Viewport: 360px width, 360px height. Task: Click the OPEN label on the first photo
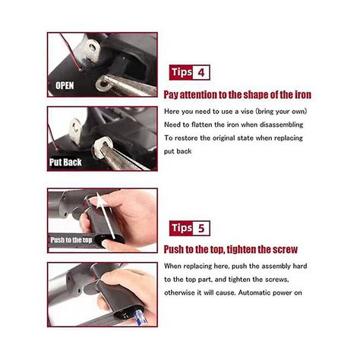click(65, 85)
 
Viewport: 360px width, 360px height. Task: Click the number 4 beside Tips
click(201, 74)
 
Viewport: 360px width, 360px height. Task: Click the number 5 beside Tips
click(201, 229)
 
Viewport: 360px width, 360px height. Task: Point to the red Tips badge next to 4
click(182, 74)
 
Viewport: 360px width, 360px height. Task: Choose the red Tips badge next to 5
click(182, 229)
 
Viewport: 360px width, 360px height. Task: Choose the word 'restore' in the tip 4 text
click(185, 137)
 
